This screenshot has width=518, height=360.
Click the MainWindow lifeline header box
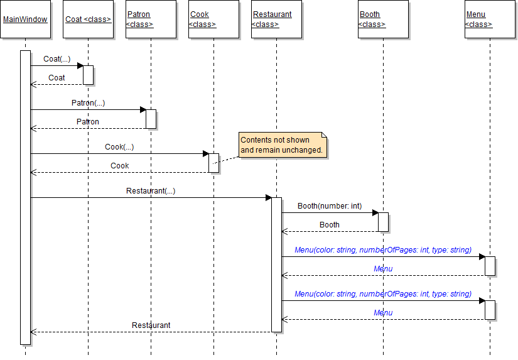click(x=25, y=19)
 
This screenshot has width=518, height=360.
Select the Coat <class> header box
click(x=88, y=19)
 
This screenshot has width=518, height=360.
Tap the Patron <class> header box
click(x=151, y=19)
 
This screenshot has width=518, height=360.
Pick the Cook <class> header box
click(x=213, y=19)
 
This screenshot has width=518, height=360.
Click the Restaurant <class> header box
click(x=276, y=19)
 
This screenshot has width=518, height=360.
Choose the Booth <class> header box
click(x=383, y=19)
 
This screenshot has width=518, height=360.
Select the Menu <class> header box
click(x=490, y=19)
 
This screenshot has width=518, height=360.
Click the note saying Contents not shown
click(x=283, y=145)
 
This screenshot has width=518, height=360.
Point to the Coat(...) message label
click(x=57, y=59)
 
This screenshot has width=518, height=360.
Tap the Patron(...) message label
click(x=88, y=102)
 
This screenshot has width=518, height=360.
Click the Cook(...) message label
click(x=119, y=146)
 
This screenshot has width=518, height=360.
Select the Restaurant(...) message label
click(x=151, y=190)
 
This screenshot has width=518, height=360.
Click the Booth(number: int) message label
click(x=330, y=205)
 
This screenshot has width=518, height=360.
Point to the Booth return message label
click(x=330, y=224)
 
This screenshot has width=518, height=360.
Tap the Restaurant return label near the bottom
click(x=151, y=325)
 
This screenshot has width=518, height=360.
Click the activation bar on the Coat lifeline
click(x=88, y=75)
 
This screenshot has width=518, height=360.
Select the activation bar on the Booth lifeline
click(x=383, y=222)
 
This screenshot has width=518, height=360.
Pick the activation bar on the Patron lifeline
click(x=151, y=119)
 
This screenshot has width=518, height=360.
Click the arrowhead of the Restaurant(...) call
click(x=268, y=197)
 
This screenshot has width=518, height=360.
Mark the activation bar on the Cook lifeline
click(x=213, y=163)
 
